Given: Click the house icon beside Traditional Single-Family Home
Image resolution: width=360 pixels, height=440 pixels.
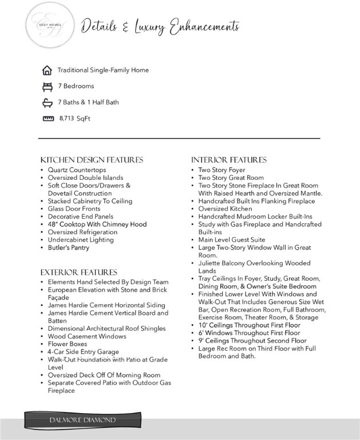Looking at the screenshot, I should click(x=47, y=70).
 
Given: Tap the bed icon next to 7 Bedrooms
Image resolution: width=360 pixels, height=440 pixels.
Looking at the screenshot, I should click(x=47, y=87).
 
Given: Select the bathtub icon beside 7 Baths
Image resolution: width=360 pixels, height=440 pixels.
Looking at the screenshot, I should click(x=47, y=103).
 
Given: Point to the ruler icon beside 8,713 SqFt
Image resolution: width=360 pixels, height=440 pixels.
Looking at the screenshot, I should click(x=48, y=119).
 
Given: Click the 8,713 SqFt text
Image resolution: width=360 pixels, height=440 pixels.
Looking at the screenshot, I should click(x=75, y=119).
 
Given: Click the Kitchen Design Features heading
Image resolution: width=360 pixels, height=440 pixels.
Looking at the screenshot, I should click(x=92, y=160).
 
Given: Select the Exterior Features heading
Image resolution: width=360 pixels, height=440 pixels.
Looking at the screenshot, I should click(x=78, y=272).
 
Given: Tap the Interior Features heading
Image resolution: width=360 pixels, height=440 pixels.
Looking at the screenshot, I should click(x=229, y=160).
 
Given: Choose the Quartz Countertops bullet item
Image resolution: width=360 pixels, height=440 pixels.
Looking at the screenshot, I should click(x=77, y=170).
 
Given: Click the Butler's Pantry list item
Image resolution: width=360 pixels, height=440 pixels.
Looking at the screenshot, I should click(x=69, y=247).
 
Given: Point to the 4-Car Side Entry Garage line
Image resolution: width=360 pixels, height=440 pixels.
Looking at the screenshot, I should click(x=84, y=351).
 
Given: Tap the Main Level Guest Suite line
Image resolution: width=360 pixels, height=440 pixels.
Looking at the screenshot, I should click(x=232, y=239).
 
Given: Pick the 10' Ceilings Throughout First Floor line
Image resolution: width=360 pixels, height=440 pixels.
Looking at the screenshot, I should click(x=249, y=325).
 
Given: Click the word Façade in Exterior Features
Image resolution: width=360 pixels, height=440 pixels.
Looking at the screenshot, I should click(x=58, y=298).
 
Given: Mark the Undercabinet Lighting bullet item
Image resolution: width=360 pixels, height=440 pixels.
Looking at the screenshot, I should click(x=81, y=240).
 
